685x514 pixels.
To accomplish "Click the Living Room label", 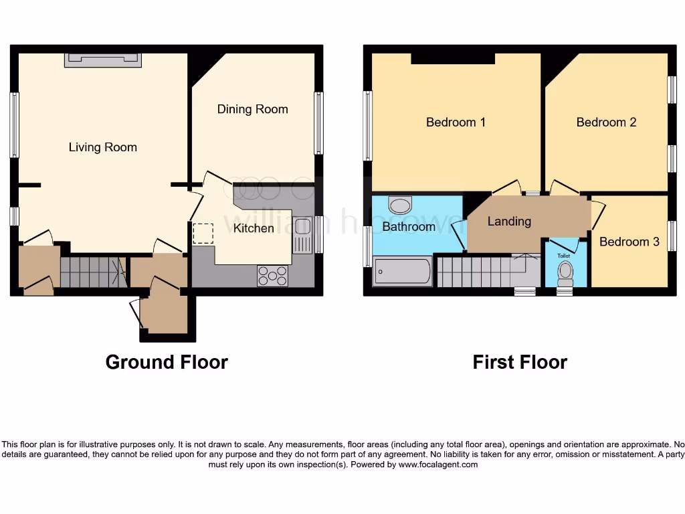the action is (102, 147).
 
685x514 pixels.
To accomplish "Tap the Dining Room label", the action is (252, 109).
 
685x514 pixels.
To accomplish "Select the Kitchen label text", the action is (254, 228).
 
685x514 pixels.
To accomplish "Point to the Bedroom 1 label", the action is (456, 122).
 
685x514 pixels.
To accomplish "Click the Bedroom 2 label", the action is (606, 122).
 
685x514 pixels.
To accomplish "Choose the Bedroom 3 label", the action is (629, 242).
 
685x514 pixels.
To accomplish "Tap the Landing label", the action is (509, 222).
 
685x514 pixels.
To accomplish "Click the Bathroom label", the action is (409, 226).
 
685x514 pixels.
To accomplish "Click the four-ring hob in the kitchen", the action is (273, 276).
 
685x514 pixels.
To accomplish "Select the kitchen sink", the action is (302, 235).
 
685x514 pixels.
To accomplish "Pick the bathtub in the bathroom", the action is (402, 272).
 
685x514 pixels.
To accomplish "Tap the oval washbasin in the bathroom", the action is (400, 205).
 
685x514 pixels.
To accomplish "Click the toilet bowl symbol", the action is (565, 274).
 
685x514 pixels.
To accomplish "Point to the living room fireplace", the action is (103, 60).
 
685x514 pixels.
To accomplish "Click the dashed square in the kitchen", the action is (203, 234).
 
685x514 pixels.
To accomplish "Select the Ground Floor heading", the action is (167, 362).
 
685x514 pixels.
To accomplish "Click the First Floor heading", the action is (520, 362).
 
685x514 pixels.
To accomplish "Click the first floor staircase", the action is (488, 270).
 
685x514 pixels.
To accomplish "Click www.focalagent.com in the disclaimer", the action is (438, 464).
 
